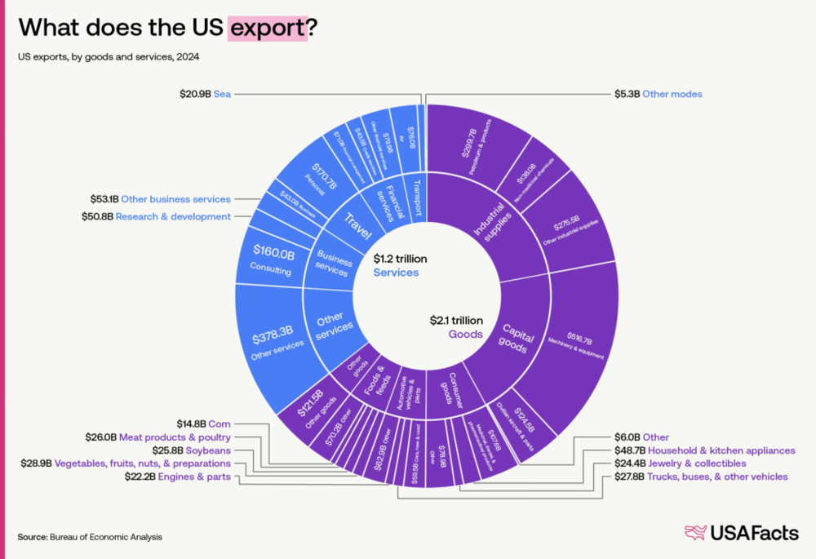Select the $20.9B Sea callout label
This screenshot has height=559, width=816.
(206, 94)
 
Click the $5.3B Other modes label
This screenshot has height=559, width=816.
(658, 94)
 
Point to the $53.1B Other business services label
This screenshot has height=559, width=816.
(160, 198)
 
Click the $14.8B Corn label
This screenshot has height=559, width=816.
(203, 424)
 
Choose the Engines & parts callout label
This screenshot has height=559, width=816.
(177, 476)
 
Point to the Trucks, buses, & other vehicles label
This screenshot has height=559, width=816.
(699, 476)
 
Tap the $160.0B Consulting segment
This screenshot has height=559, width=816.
(269, 260)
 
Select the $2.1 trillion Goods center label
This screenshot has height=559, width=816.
(456, 327)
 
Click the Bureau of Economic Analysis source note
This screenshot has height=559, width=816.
(90, 537)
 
